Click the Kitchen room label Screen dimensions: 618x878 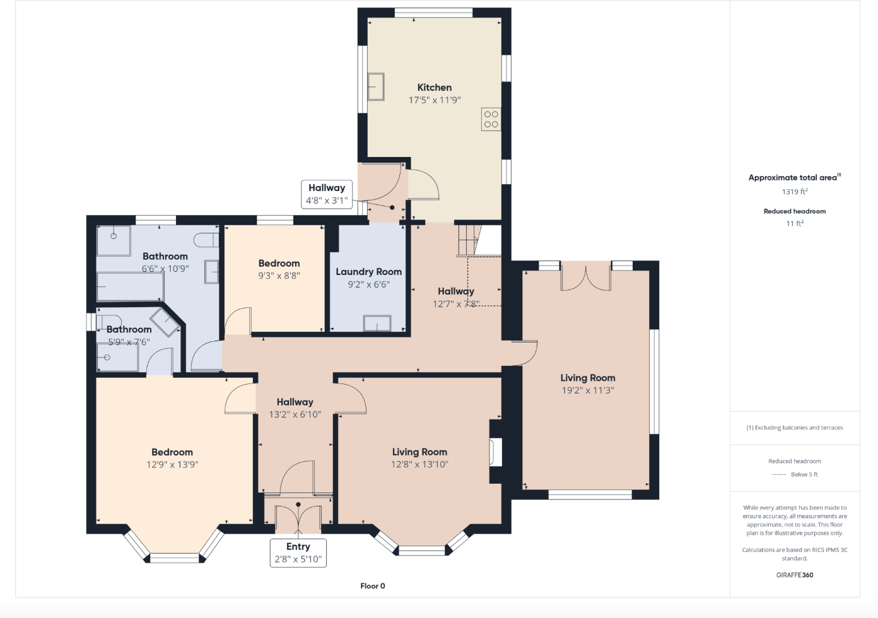[434, 88]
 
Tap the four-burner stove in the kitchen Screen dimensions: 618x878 [491, 119]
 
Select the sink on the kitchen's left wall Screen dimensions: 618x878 [377, 86]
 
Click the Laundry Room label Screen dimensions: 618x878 [368, 272]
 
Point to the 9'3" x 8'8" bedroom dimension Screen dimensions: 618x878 [279, 276]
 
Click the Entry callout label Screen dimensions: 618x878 [298, 547]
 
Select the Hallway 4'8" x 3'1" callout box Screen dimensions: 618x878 [326, 194]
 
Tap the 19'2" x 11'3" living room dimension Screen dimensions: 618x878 [587, 390]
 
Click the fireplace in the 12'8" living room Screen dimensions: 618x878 [496, 452]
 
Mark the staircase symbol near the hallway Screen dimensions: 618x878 [468, 240]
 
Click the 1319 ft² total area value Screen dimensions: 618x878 [794, 192]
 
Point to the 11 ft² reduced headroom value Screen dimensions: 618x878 [794, 223]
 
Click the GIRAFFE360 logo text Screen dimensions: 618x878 [794, 575]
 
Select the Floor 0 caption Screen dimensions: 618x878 [372, 586]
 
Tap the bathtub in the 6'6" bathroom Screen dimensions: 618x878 [129, 287]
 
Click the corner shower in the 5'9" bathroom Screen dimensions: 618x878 [165, 322]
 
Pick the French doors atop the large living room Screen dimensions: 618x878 [586, 277]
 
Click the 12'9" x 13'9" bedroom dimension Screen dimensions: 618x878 [172, 465]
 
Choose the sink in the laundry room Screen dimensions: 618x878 [377, 323]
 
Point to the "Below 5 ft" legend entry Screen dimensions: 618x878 [804, 474]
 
